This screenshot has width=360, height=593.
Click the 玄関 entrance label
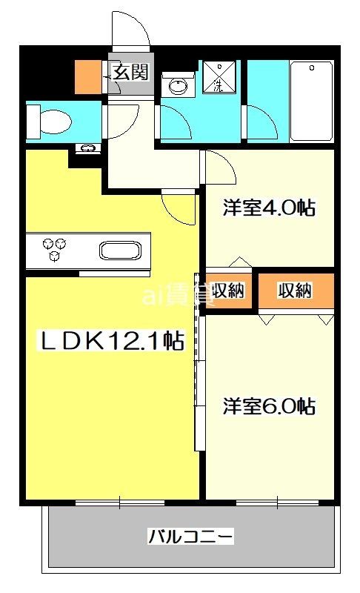131,72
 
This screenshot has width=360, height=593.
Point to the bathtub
311,101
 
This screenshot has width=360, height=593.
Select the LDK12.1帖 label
110,340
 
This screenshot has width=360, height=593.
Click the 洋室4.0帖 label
270,208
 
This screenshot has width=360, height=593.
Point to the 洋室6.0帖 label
270,406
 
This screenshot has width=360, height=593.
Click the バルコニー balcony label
190,535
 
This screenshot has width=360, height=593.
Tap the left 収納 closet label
228,291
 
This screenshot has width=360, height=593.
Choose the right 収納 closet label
295,291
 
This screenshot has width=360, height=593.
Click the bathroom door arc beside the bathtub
260,120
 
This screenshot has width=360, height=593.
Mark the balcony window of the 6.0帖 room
277,503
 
